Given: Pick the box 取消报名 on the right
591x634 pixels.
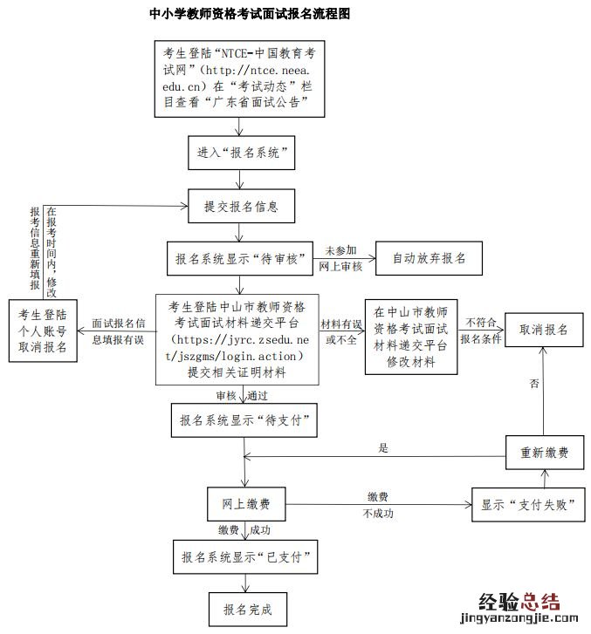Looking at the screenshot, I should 545,331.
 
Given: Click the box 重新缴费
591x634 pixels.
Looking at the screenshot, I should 545,453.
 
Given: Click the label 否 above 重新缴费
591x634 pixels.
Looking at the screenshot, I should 533,383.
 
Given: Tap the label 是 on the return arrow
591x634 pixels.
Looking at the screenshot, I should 382,447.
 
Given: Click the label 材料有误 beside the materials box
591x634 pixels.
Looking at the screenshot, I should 340,324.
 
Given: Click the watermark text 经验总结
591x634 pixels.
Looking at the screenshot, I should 519,603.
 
